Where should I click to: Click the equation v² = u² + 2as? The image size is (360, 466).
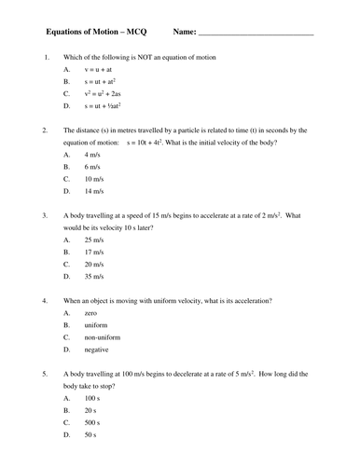click(x=109, y=94)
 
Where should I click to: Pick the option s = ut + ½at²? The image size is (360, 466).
click(x=109, y=106)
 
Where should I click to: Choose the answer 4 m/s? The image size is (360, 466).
click(x=93, y=153)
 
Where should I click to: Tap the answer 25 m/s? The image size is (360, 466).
click(x=95, y=239)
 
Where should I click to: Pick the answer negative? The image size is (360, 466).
click(x=99, y=350)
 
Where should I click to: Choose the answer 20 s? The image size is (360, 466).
click(x=92, y=410)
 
